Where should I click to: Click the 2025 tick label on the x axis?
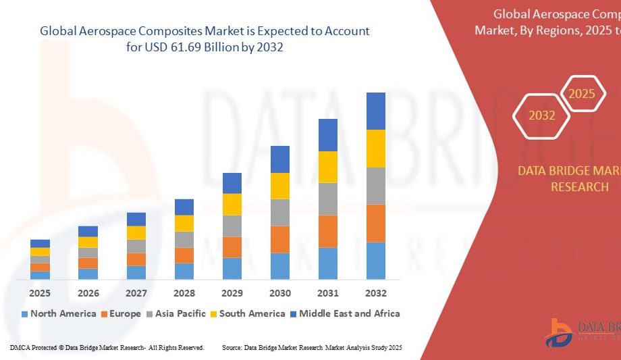pos(40,293)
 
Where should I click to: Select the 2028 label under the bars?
pos(184,293)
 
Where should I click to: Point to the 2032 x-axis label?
pos(376,293)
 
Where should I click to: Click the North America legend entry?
pos(59,313)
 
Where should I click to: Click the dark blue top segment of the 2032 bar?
pos(376,111)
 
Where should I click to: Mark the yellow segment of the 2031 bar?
pos(328,167)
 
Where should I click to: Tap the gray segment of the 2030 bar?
pos(280,212)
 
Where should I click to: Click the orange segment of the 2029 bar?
pos(232,247)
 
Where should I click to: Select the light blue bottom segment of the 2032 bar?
pos(376,261)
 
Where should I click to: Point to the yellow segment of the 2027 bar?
pos(136,233)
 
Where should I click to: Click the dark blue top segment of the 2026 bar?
pos(88,231)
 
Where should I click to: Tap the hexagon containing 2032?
pos(542,115)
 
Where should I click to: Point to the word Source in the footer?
pos(232,347)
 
